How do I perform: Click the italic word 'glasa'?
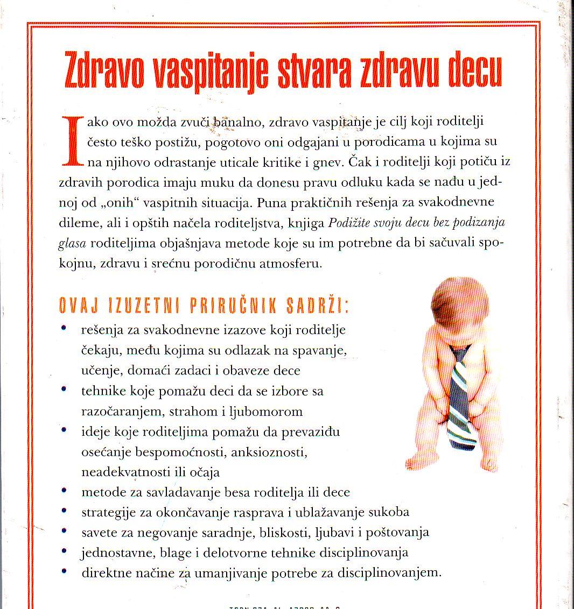(72, 243)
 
